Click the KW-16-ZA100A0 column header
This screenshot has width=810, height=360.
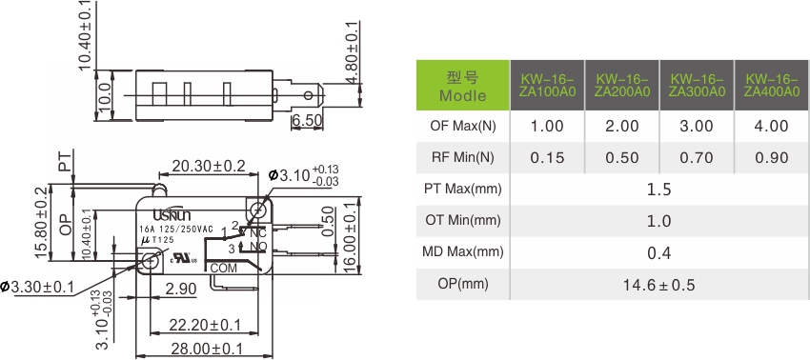coord(547,85)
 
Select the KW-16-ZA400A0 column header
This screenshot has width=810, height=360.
coord(771,85)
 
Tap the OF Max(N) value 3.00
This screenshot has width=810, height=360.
coord(697,126)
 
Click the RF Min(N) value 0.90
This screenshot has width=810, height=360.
coord(771,158)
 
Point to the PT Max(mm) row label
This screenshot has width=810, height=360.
coord(462,189)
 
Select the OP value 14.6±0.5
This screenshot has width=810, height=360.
coord(658,285)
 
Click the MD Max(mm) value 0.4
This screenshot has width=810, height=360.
coord(658,252)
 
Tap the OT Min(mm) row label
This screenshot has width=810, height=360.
coord(462,221)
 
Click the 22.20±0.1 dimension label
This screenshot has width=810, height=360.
coord(204,326)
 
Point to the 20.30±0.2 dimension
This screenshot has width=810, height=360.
coord(209,166)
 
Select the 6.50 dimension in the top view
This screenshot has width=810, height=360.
coord(307,122)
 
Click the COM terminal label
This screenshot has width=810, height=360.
coord(222,269)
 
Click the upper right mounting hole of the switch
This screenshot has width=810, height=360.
coord(256,208)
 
